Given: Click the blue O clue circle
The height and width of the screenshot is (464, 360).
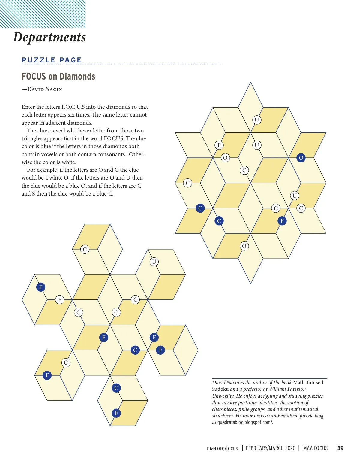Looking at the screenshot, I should pyautogui.click(x=301, y=158).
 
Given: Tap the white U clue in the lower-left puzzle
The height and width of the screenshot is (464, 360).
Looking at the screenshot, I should pyautogui.click(x=154, y=262).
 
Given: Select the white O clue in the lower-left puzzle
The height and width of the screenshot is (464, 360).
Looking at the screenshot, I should pyautogui.click(x=116, y=312).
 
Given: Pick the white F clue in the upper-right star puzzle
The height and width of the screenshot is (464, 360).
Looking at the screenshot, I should pyautogui.click(x=219, y=145).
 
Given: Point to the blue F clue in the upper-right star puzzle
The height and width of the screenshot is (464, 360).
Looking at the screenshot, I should pyautogui.click(x=282, y=221).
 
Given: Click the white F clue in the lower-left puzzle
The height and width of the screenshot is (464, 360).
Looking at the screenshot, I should pyautogui.click(x=60, y=299).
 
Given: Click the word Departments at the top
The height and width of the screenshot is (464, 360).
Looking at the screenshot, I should pyautogui.click(x=49, y=37).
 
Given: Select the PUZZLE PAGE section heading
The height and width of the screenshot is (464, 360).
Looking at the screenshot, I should pyautogui.click(x=52, y=60).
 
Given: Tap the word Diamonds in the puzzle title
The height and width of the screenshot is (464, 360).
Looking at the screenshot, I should pyautogui.click(x=77, y=77).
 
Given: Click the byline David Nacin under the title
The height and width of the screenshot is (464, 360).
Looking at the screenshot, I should pyautogui.click(x=45, y=89).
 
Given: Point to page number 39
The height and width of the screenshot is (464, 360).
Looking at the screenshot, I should pyautogui.click(x=340, y=448).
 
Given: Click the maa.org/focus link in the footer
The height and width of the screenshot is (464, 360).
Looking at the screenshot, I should pyautogui.click(x=222, y=448).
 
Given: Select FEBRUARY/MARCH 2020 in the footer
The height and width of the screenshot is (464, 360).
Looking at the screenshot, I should pyautogui.click(x=270, y=448).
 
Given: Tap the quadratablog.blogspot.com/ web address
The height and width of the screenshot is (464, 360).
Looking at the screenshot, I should pyautogui.click(x=245, y=422).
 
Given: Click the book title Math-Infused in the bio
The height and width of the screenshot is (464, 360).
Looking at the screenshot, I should pyautogui.click(x=308, y=382).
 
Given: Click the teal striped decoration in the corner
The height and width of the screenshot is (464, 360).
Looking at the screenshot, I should pyautogui.click(x=43, y=14).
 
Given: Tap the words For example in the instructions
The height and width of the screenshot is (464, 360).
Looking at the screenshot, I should pyautogui.click(x=41, y=170).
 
